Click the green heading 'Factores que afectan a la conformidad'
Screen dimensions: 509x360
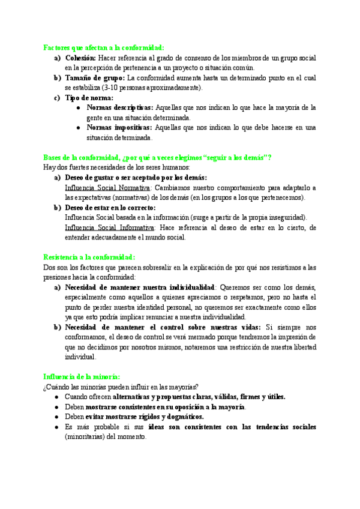point(103,48)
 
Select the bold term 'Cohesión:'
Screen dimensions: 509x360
point(80,58)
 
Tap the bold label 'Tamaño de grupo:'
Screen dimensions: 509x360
point(95,78)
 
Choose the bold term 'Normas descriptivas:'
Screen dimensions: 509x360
point(120,107)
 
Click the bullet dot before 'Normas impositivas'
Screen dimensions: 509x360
point(79,128)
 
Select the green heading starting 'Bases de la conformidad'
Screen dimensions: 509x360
point(157,157)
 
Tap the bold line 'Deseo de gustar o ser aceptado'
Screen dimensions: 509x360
point(136,178)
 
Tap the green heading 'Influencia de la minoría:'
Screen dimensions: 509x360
point(82,376)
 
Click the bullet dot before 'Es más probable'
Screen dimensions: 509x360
point(56,427)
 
